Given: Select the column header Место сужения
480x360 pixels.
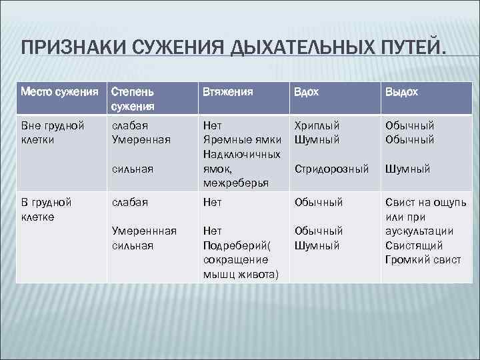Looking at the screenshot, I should (x=59, y=92).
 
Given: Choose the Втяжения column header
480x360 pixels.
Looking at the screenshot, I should (x=227, y=92).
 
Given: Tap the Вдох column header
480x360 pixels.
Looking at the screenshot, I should (x=307, y=92).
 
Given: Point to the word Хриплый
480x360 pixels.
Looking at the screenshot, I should (x=317, y=125).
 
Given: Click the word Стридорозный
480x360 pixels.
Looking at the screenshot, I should (x=331, y=169).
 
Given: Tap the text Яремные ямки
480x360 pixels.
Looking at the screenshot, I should (x=240, y=139).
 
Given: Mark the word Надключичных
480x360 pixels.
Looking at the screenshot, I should (x=241, y=154).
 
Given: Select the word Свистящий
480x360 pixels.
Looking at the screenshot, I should (x=413, y=245).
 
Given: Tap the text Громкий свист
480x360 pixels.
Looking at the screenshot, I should (x=423, y=260).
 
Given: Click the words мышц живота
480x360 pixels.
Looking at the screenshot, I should (x=241, y=275).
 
